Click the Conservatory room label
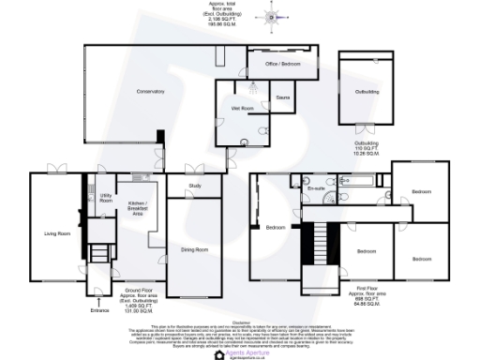pyautogui.click(x=149, y=91)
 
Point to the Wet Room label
pyautogui.click(x=243, y=109)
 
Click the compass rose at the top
pyautogui.click(x=274, y=15)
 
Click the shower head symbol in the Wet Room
pyautogui.click(x=251, y=87)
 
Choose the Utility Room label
pyautogui.click(x=106, y=198)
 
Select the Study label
pyautogui.click(x=196, y=186)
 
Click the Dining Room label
pyautogui.click(x=194, y=249)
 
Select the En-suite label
pyautogui.click(x=316, y=189)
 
